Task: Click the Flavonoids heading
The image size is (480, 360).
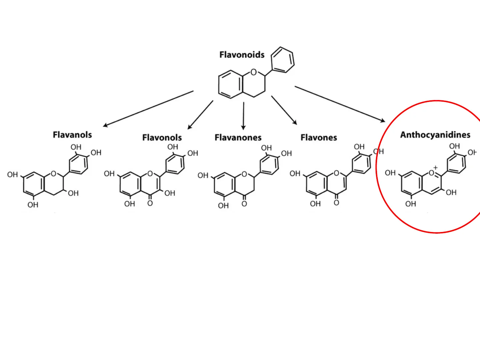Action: [x=242, y=55]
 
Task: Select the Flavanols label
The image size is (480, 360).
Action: [x=72, y=135]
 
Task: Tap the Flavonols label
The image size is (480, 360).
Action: [x=162, y=138]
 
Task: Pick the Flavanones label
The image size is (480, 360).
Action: [x=238, y=138]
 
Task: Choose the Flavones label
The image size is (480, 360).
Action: [x=319, y=138]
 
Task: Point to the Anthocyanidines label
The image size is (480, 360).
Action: [x=435, y=135]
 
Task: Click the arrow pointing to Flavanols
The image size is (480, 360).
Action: [x=148, y=109]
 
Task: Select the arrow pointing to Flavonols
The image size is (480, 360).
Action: [x=200, y=115]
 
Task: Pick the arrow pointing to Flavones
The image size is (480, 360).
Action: [x=284, y=110]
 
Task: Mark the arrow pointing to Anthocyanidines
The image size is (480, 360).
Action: [x=340, y=104]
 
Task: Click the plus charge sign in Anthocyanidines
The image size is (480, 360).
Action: [x=435, y=168]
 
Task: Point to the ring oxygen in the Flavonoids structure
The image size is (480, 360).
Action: [x=254, y=72]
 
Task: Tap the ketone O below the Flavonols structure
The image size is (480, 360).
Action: [x=150, y=203]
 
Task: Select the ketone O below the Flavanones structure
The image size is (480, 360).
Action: [x=244, y=204]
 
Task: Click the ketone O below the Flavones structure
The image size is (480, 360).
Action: [x=336, y=203]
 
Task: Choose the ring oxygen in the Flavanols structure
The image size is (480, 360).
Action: [x=54, y=174]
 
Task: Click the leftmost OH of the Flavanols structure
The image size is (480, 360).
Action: [x=13, y=175]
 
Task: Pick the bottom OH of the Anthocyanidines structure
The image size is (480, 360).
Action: [x=411, y=204]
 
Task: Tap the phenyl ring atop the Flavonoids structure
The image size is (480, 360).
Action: [x=282, y=60]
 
